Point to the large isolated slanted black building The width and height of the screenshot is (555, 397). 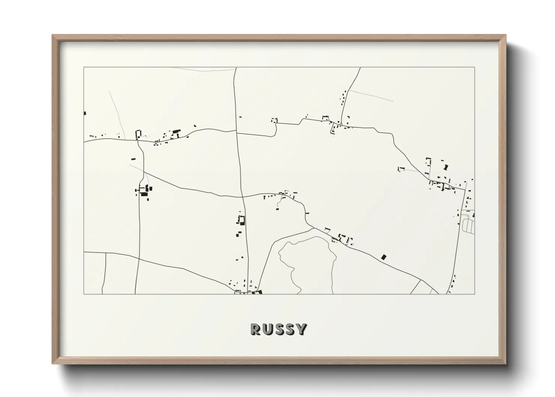coord(383,257)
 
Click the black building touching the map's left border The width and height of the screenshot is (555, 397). coord(85,113)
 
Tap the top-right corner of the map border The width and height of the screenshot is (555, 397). coord(474,68)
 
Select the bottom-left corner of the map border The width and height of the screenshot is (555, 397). coord(84,294)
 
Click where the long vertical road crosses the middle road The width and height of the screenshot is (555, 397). coord(242,196)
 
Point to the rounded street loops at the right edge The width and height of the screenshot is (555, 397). coord(469,225)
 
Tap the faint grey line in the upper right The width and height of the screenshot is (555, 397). coord(371,96)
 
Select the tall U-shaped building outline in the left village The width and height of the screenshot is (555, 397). coord(138,134)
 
